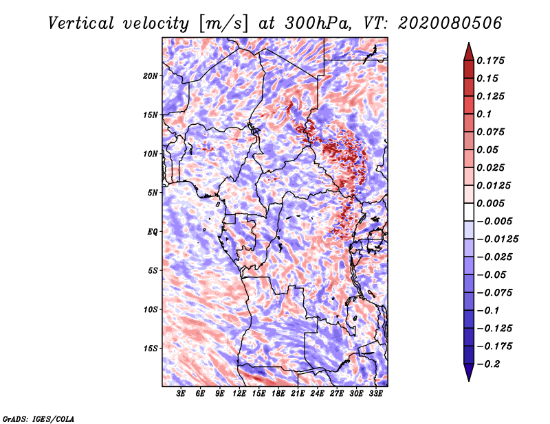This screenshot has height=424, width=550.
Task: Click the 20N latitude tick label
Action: (x=151, y=76)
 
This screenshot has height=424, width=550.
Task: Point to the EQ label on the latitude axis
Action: (x=152, y=232)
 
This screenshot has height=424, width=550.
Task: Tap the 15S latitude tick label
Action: (x=151, y=349)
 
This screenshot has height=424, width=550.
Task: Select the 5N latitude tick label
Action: (x=153, y=193)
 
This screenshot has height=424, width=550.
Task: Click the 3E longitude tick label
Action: (x=181, y=393)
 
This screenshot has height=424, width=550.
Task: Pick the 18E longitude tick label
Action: (x=278, y=393)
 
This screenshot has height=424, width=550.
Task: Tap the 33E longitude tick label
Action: (x=375, y=393)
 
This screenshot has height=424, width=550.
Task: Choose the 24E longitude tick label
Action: (x=317, y=393)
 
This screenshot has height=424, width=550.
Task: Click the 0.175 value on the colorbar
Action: (x=490, y=60)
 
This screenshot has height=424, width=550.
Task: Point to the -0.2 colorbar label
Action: (x=489, y=364)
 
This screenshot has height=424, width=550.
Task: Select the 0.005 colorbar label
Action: (x=490, y=203)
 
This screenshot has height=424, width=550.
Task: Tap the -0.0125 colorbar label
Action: (x=497, y=239)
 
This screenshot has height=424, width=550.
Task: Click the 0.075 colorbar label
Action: (x=490, y=132)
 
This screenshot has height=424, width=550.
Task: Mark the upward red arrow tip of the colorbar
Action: (x=469, y=43)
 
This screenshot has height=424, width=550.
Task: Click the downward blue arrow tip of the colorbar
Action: (x=469, y=381)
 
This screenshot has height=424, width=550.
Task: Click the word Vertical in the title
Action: (x=81, y=23)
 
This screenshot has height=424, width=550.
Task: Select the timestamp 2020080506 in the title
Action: (x=450, y=23)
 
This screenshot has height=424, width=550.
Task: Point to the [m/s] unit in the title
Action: (x=223, y=24)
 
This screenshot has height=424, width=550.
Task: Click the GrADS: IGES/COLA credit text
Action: (x=38, y=419)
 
